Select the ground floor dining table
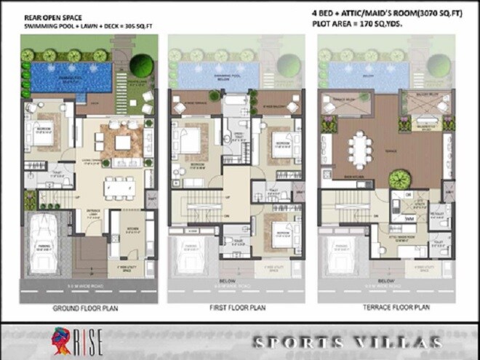[x=119, y=186]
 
